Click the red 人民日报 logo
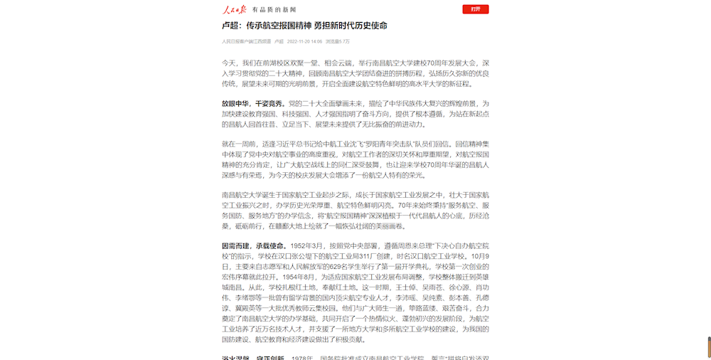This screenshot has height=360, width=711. click(x=234, y=9)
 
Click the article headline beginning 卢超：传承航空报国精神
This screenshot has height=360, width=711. click(x=304, y=26)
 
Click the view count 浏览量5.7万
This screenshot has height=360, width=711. click(x=338, y=41)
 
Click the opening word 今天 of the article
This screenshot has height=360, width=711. click(x=228, y=63)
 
